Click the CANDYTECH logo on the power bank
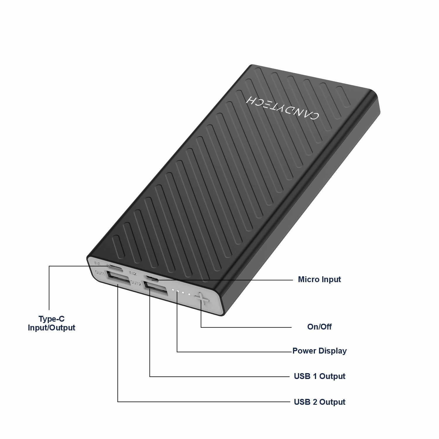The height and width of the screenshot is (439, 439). pyautogui.click(x=282, y=107)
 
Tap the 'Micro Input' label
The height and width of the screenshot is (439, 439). pyautogui.click(x=319, y=279)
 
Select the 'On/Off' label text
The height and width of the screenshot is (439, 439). pyautogui.click(x=319, y=327)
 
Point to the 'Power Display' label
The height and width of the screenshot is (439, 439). pyautogui.click(x=320, y=351)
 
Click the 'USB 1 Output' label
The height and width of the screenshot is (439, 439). pyautogui.click(x=320, y=376)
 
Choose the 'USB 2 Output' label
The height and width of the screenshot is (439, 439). pyautogui.click(x=320, y=402)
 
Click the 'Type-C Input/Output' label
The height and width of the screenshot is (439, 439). pyautogui.click(x=52, y=323)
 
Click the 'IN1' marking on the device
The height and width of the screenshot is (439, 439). pyautogui.click(x=97, y=264)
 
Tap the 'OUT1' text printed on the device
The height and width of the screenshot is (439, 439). pyautogui.click(x=100, y=273)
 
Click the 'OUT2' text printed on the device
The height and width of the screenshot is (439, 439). pyautogui.click(x=136, y=283)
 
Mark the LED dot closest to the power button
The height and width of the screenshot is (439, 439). pyautogui.click(x=189, y=294)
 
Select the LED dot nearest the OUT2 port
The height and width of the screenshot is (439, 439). pyautogui.click(x=173, y=290)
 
